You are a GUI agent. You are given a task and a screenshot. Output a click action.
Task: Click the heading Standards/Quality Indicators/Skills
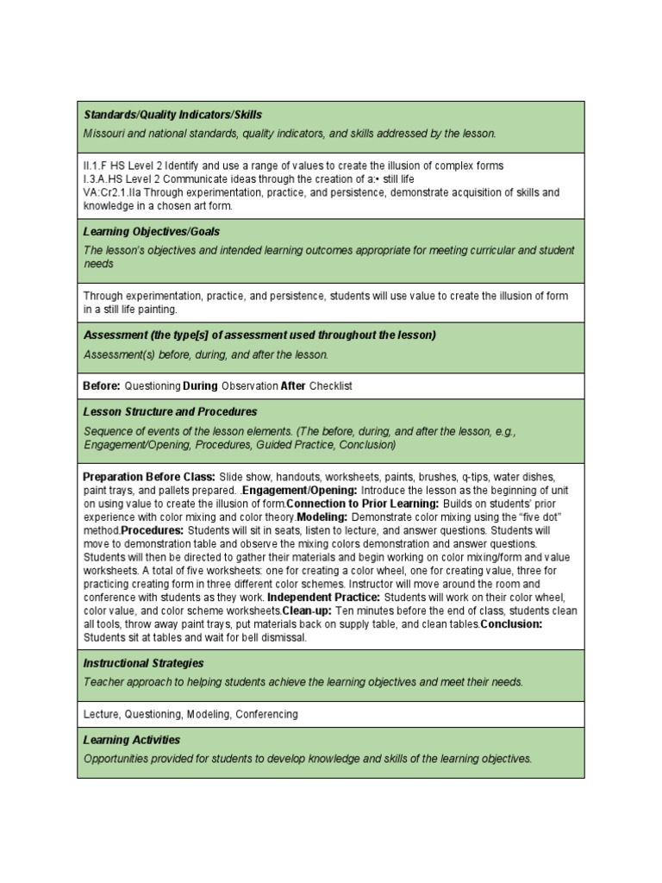172,115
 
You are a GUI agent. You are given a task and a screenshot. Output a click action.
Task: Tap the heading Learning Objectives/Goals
152,232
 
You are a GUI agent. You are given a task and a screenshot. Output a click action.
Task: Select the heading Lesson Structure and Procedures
170,412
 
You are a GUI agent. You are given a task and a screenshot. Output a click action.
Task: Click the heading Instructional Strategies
143,663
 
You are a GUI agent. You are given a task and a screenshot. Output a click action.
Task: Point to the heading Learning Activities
132,740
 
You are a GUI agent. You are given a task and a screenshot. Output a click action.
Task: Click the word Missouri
104,134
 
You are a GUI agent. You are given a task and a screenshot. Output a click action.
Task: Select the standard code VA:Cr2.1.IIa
113,193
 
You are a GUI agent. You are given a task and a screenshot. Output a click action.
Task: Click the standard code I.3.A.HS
103,179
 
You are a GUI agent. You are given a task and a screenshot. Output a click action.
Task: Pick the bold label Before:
102,386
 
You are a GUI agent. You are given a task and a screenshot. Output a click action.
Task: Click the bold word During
200,386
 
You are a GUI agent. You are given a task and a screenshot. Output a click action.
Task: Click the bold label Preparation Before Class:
148,477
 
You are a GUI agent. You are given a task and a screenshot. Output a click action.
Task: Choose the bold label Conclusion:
511,624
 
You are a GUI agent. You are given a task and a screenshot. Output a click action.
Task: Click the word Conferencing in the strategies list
266,715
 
